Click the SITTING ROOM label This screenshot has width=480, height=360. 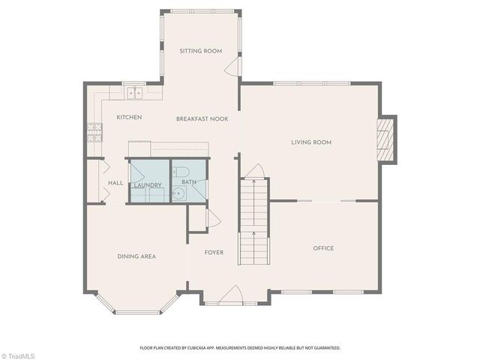pyautogui.click(x=201, y=51)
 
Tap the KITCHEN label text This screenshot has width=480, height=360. pyautogui.click(x=129, y=117)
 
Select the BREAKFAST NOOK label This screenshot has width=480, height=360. pyautogui.click(x=202, y=118)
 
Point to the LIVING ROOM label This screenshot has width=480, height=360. pyautogui.click(x=311, y=142)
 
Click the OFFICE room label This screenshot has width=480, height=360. pyautogui.click(x=323, y=248)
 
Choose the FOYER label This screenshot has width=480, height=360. pyautogui.click(x=214, y=253)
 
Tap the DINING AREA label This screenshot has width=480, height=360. pyautogui.click(x=136, y=256)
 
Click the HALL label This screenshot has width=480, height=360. pyautogui.click(x=115, y=182)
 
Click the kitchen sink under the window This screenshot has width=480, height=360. pyautogui.click(x=135, y=93)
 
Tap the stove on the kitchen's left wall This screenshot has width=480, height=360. pyautogui.click(x=94, y=133)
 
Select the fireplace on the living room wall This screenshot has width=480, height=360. pyautogui.click(x=386, y=139)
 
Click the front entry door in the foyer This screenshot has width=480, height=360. pyautogui.click(x=232, y=295)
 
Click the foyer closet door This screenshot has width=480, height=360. pyautogui.click(x=212, y=218)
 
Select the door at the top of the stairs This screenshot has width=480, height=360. pyautogui.click(x=256, y=171)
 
